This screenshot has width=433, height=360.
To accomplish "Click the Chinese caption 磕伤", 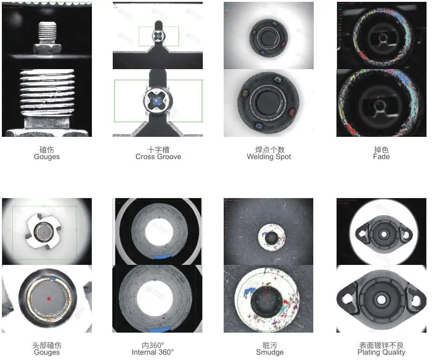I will pyautogui.click(x=47, y=150).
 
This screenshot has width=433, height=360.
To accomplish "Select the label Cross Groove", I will pyautogui.click(x=158, y=157).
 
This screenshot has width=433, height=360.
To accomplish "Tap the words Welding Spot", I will pyautogui.click(x=269, y=157).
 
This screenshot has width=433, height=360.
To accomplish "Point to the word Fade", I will pyautogui.click(x=381, y=157).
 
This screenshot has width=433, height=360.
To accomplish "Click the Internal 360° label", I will pyautogui.click(x=153, y=352).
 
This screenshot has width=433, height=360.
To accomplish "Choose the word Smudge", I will pyautogui.click(x=270, y=352).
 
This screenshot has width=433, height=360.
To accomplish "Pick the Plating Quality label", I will pyautogui.click(x=381, y=352).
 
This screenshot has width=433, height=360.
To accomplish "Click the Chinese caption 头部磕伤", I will pyautogui.click(x=47, y=345).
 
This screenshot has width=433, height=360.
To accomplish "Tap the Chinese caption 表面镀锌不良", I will pyautogui.click(x=381, y=345).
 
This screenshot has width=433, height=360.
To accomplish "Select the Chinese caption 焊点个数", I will pyautogui.click(x=269, y=150).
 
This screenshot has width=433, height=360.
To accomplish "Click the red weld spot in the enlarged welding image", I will pyautogui.click(x=292, y=111).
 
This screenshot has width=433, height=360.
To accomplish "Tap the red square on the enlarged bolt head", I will pyautogui.click(x=48, y=299).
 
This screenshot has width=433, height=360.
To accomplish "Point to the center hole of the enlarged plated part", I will pyautogui.click(x=381, y=300).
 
